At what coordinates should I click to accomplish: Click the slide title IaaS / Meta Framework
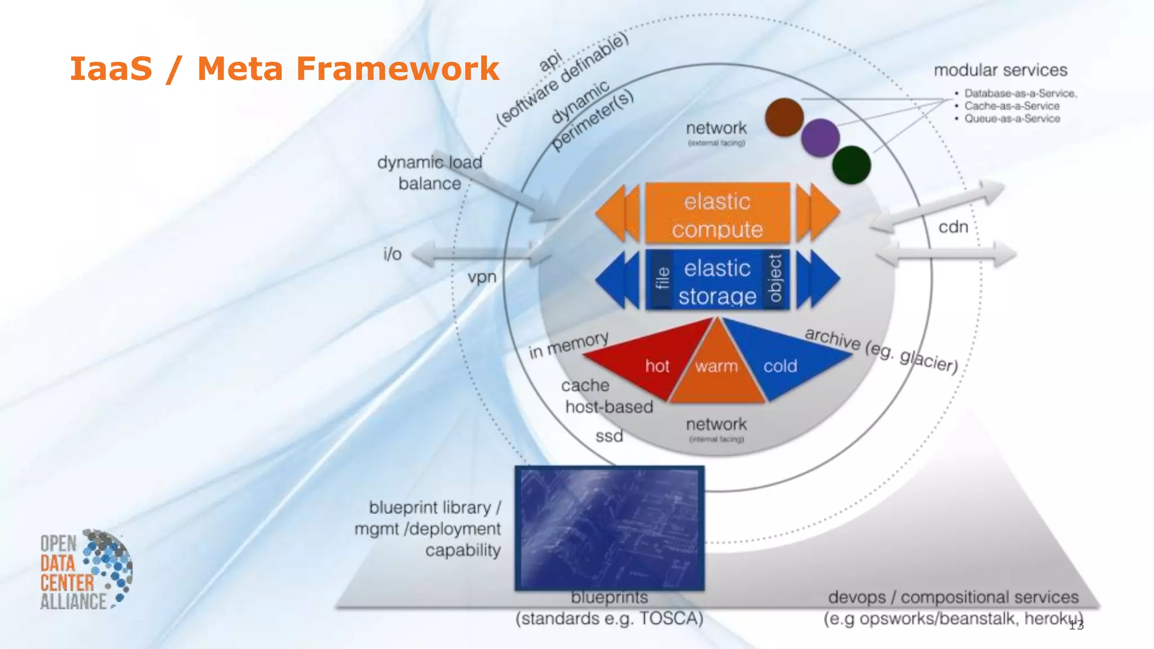285,69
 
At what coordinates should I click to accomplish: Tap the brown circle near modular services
784,117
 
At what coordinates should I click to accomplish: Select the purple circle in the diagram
820,138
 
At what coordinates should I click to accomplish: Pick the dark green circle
851,165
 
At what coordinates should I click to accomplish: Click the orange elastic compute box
717,213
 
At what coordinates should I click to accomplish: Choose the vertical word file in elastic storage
663,279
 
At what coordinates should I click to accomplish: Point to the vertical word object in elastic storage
775,279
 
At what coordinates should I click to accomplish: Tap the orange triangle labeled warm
717,372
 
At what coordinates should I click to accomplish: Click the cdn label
953,227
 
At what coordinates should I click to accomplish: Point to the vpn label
482,277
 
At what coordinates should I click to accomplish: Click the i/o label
393,254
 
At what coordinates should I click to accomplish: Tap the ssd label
609,436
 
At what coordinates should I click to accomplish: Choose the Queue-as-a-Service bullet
1011,119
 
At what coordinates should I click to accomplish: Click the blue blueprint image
610,528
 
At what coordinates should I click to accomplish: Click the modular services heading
1000,70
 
